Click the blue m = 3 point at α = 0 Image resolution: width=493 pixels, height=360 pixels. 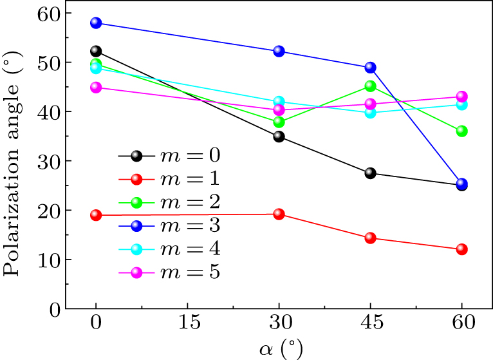click(x=96, y=23)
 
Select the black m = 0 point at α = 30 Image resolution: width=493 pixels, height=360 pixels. click(x=279, y=137)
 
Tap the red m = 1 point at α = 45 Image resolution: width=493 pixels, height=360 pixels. click(x=370, y=238)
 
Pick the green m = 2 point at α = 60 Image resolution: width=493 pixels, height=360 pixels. click(x=461, y=131)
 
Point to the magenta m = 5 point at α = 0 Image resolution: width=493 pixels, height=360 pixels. click(x=96, y=87)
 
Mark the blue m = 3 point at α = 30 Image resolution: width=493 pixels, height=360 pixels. click(x=279, y=51)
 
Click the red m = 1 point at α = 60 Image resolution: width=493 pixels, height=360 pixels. click(x=461, y=249)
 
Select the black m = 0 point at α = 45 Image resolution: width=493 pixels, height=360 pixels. click(x=370, y=173)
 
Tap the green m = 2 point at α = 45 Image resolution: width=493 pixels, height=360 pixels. click(x=370, y=86)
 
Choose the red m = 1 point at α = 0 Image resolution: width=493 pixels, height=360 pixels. click(x=96, y=215)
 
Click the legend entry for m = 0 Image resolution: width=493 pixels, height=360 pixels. click(x=170, y=155)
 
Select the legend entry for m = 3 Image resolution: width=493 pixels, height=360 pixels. click(x=170, y=225)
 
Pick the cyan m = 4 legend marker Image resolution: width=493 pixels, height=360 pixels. click(x=136, y=249)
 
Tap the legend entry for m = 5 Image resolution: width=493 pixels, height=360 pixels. click(x=170, y=272)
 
